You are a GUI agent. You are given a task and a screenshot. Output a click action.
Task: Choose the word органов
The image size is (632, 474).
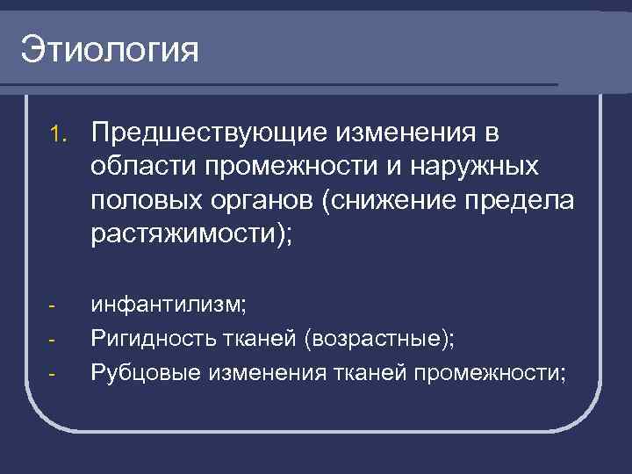point(269,199)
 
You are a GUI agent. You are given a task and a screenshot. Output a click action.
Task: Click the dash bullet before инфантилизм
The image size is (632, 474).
point(52,307)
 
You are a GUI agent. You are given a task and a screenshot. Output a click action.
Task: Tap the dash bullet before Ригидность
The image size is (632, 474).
point(52,341)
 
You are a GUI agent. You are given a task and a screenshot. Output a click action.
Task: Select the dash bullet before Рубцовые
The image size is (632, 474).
point(52,374)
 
